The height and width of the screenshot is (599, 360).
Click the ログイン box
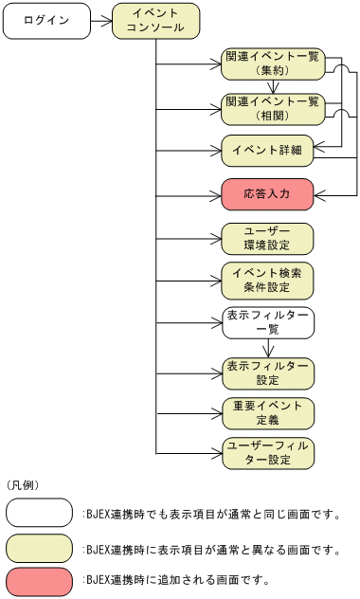[x=45, y=21]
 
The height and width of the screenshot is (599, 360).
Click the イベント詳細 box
[x=266, y=150]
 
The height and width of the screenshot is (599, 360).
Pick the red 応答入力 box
[x=266, y=194]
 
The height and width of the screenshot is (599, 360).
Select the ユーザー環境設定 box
[x=266, y=238]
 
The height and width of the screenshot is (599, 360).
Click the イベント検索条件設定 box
[x=266, y=281]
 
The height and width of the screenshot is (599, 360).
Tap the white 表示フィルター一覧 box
[x=266, y=323]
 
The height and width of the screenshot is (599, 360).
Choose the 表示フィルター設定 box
[x=266, y=373]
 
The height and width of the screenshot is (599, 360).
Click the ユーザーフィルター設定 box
[x=266, y=453]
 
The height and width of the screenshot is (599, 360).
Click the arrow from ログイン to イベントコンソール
[x=100, y=21]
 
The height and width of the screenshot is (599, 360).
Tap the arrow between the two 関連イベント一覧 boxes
[x=270, y=86]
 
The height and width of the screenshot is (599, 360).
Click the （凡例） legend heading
[x=23, y=484]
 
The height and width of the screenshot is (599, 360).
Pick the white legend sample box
[x=39, y=513]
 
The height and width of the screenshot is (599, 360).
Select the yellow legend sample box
[x=39, y=548]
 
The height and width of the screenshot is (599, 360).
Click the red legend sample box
[x=39, y=579]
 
